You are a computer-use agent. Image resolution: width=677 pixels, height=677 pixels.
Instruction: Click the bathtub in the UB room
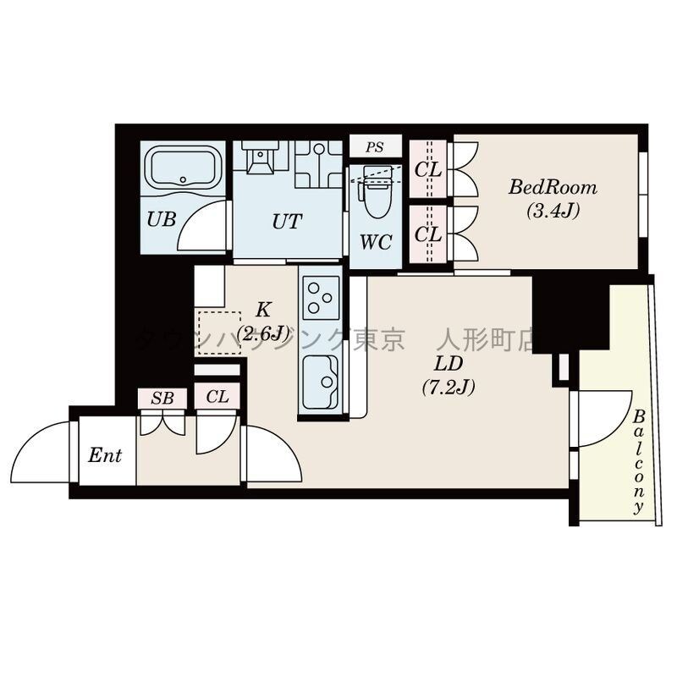[183, 168]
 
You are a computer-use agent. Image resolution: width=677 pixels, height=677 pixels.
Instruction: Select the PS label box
[375, 146]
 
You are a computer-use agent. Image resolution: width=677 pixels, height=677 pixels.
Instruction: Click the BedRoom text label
[553, 188]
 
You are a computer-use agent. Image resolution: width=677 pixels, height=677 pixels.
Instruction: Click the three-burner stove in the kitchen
[322, 297]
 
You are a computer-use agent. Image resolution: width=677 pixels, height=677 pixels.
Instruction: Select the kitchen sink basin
[320, 382]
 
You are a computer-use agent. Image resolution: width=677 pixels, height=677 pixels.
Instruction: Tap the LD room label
[449, 364]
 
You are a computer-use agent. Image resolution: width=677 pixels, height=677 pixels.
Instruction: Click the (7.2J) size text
[449, 387]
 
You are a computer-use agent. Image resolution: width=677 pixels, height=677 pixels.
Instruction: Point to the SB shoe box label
[162, 398]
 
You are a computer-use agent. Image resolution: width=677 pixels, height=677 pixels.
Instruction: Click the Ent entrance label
[105, 455]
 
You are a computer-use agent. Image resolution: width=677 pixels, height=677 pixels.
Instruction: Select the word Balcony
[639, 462]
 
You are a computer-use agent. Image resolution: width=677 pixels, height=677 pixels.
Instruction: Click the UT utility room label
[287, 222]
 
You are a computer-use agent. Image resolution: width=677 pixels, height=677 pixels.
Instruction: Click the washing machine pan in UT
[319, 164]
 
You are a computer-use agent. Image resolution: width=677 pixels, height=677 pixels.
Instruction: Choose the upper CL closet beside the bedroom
[428, 169]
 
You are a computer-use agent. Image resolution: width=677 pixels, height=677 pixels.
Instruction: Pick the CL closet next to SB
[217, 397]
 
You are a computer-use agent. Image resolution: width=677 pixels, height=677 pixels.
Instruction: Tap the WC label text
[376, 242]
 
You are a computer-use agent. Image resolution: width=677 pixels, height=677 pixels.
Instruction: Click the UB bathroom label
[162, 219]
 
